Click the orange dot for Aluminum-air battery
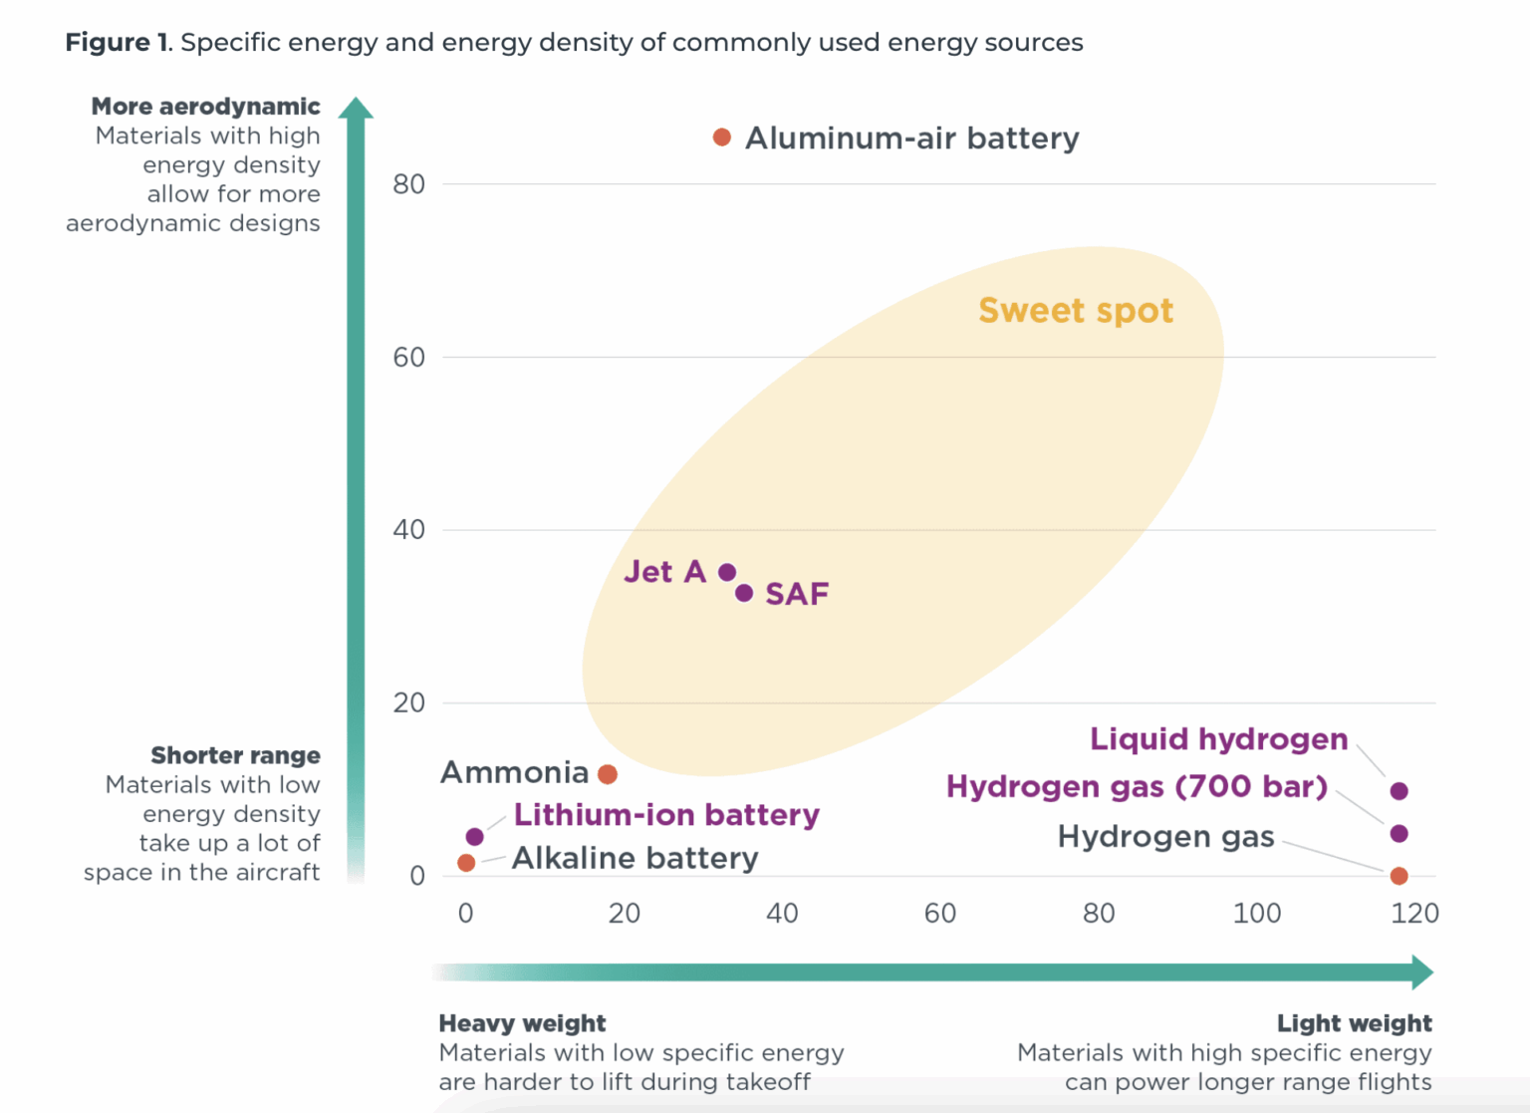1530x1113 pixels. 722,138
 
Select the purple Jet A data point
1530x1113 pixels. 727,572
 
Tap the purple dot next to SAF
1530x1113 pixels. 744,593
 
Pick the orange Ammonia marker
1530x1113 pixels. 608,774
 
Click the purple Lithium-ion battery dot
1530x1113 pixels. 475,837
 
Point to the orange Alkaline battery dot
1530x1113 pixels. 466,863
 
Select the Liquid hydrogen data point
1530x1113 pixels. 1400,791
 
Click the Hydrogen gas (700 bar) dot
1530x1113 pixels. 1400,834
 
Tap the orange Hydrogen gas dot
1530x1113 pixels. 1400,876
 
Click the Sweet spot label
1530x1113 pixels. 1076,310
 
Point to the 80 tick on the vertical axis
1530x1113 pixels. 409,184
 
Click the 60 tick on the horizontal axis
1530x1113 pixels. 940,913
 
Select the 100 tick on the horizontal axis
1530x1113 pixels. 1257,913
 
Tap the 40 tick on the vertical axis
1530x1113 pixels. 409,530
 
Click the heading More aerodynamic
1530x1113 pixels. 206,107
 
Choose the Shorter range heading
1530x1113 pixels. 235,755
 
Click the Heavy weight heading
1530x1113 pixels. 522,1023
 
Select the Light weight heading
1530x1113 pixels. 1354,1023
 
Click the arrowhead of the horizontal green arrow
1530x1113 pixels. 1422,972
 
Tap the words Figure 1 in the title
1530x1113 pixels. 118,43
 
